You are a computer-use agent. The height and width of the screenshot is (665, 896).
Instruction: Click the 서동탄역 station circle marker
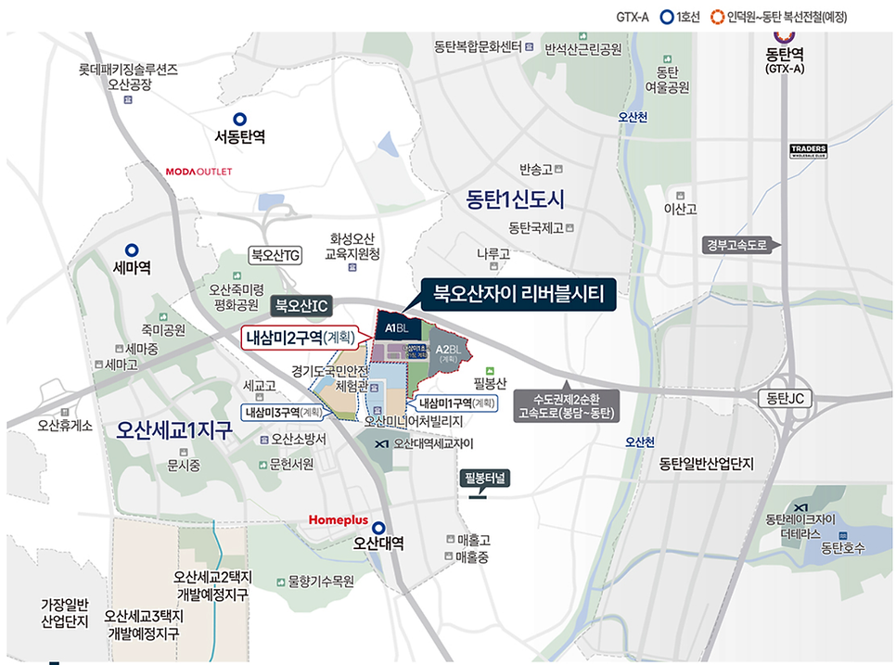click(240, 119)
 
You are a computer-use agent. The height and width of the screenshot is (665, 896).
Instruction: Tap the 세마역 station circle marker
click(132, 250)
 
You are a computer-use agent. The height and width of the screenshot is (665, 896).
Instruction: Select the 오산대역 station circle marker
click(378, 527)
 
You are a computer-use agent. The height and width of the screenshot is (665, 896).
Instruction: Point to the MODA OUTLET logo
click(198, 172)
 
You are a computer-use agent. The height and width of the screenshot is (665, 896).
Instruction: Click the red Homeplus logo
click(339, 521)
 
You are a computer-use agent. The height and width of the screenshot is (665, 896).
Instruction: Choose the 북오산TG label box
click(276, 254)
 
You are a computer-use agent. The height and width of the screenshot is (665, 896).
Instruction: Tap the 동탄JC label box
click(785, 398)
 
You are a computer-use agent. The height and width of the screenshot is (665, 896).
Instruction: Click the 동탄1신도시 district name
click(516, 199)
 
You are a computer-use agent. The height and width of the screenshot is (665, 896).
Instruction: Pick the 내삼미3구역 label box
click(284, 412)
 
